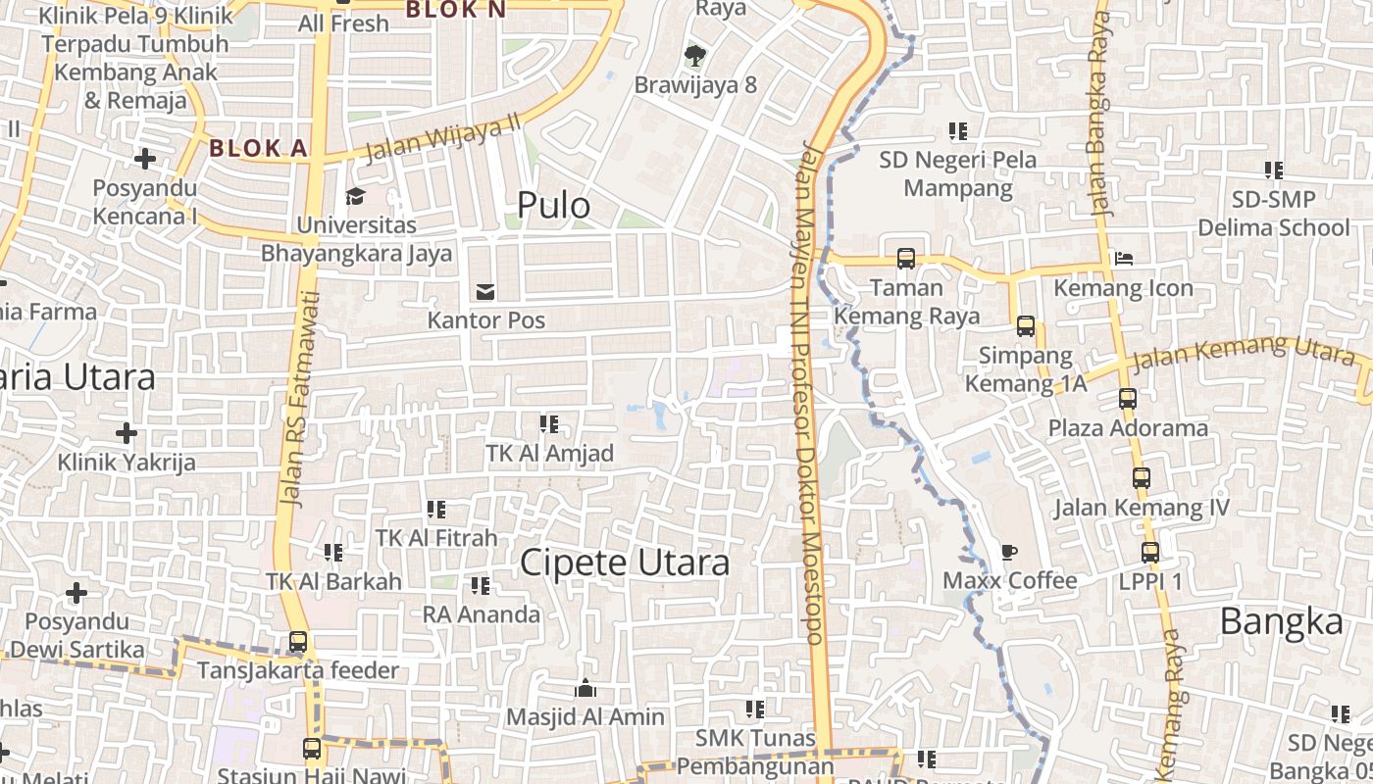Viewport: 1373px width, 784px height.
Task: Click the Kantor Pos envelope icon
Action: click(484, 291)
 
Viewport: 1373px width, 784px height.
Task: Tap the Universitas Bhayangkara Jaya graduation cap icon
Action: click(355, 196)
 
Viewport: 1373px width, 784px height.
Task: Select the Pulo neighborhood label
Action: click(553, 206)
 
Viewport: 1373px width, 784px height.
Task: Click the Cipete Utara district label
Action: click(625, 563)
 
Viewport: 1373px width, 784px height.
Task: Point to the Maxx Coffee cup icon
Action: click(1009, 552)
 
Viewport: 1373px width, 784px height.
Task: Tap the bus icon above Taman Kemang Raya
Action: click(906, 259)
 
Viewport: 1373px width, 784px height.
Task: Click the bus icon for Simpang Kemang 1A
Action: click(1026, 326)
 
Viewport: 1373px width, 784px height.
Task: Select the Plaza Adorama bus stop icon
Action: click(1128, 399)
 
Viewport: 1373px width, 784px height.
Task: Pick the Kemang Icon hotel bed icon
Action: click(1124, 259)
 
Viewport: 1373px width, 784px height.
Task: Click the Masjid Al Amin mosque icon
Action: click(585, 688)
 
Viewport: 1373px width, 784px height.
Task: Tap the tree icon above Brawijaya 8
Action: click(695, 55)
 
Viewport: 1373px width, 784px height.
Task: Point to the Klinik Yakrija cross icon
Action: click(127, 432)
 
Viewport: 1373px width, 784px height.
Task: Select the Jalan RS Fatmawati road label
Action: click(298, 398)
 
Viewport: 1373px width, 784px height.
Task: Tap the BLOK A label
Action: click(259, 149)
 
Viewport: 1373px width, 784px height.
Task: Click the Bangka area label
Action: click(1281, 622)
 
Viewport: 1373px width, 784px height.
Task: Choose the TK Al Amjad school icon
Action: click(549, 424)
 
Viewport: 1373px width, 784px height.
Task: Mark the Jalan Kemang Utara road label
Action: click(1244, 354)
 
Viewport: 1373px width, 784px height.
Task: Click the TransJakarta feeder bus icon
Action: click(298, 642)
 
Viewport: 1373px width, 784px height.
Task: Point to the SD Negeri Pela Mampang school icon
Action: click(958, 130)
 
